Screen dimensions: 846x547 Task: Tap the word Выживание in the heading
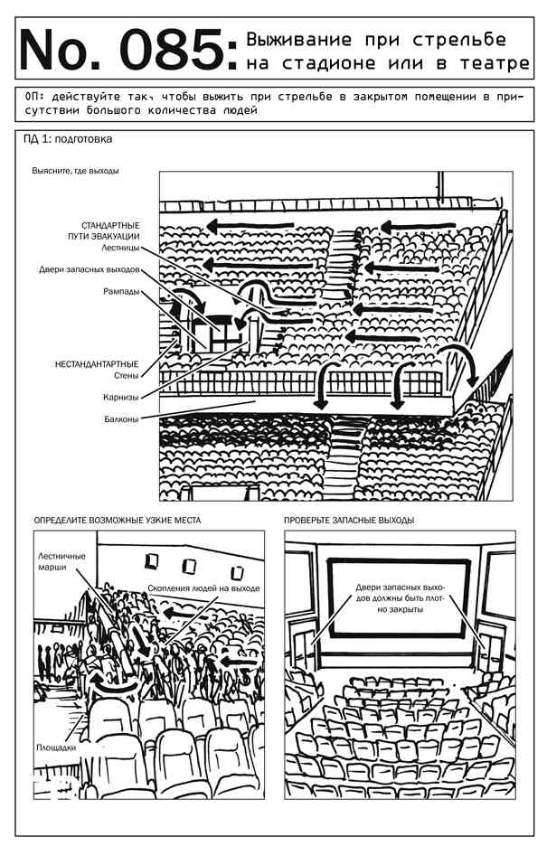[x=291, y=41]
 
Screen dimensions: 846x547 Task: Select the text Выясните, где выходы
[x=75, y=170]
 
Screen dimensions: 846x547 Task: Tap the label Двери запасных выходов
[x=90, y=270]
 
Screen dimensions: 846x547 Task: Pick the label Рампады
[x=121, y=292]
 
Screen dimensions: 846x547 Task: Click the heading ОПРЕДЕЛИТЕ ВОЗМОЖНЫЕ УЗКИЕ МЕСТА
[x=117, y=522]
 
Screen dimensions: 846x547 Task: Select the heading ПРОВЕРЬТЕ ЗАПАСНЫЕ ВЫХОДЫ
[x=349, y=522]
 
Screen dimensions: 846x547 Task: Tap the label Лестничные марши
[x=61, y=562]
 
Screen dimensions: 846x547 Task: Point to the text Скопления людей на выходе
[x=203, y=588]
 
